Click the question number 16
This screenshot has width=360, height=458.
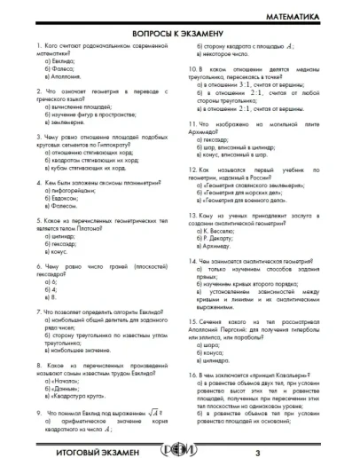194,376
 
